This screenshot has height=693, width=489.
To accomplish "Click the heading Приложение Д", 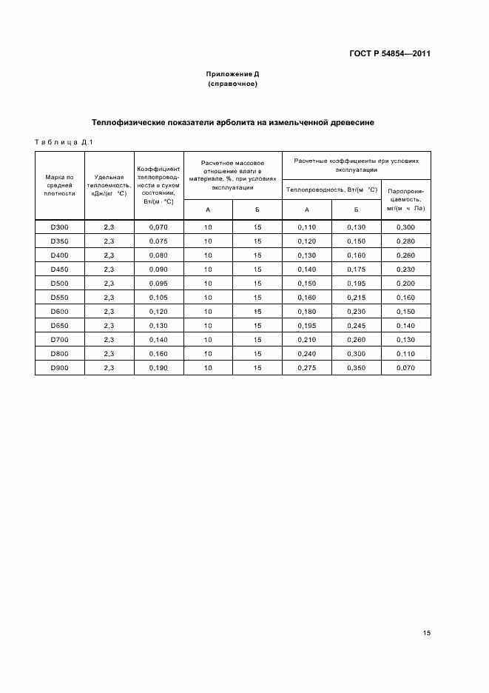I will tap(232, 74).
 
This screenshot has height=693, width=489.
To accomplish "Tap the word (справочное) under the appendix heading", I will tap(232, 84).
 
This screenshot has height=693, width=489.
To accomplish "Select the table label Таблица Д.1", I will tap(62, 142).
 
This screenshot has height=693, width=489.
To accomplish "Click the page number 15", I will tap(427, 633).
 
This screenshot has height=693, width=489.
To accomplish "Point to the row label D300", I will tap(60, 227).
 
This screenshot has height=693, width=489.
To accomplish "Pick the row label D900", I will tap(60, 367).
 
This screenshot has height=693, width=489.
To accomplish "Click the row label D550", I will tap(60, 297).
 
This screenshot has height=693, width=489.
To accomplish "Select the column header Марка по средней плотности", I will tap(60, 185).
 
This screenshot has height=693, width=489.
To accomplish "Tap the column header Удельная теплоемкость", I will tap(109, 185).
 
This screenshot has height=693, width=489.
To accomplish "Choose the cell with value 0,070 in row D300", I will tap(159, 227).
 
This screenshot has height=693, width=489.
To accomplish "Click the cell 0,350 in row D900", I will tap(356, 367).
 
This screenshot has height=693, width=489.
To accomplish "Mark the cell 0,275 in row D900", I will tap(306, 367).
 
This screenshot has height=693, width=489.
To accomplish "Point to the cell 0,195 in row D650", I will tap(306, 325).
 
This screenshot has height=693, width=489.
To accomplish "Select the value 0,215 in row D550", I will tap(356, 297).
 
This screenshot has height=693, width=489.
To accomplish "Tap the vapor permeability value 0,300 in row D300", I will tap(405, 227).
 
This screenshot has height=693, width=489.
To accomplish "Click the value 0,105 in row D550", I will tap(159, 297).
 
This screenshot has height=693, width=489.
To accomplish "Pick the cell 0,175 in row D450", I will tap(356, 269).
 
